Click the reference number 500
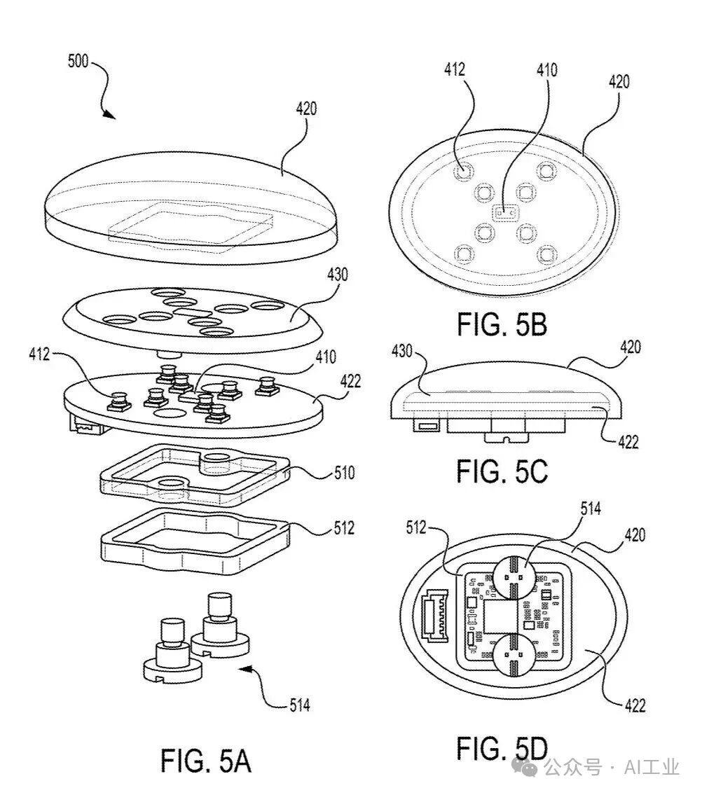point(78,61)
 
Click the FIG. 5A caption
point(206,761)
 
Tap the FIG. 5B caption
point(502,324)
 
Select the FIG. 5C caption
point(502,471)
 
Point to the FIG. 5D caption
point(502,748)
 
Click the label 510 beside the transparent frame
point(344,473)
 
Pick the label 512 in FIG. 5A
point(344,528)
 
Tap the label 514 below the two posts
point(300,705)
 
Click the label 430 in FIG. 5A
point(337,275)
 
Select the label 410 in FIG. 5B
point(546,69)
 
